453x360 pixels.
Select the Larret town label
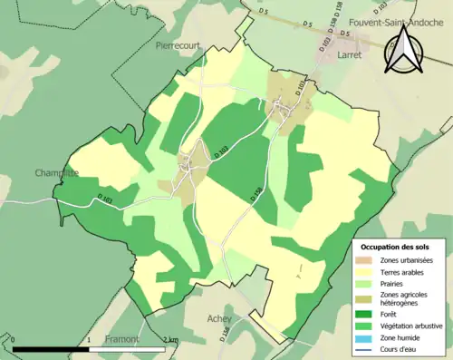pos(351,54)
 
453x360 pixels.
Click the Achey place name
pos(219,318)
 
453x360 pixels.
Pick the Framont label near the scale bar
pos(120,338)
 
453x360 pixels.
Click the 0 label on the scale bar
pos(14,339)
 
